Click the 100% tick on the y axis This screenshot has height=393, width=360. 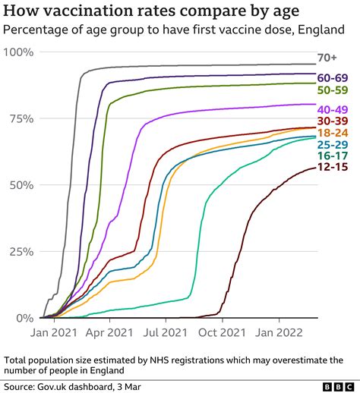pos(20,52)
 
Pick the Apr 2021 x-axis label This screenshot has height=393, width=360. pos(109,332)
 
